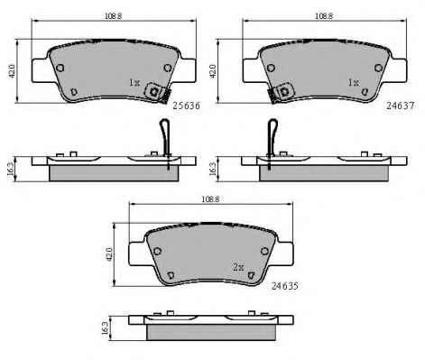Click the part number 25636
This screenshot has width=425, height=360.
187,106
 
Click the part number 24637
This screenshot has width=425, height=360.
401,106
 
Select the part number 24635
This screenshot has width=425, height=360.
285,286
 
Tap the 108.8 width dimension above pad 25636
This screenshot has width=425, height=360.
113,16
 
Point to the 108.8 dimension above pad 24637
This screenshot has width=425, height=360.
324,16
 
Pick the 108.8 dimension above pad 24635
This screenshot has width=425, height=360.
210,199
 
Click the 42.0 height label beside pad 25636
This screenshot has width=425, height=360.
12,71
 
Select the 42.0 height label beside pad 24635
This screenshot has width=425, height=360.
109,254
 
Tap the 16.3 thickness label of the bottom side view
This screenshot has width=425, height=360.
105,328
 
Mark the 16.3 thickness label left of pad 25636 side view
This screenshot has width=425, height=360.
10,169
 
